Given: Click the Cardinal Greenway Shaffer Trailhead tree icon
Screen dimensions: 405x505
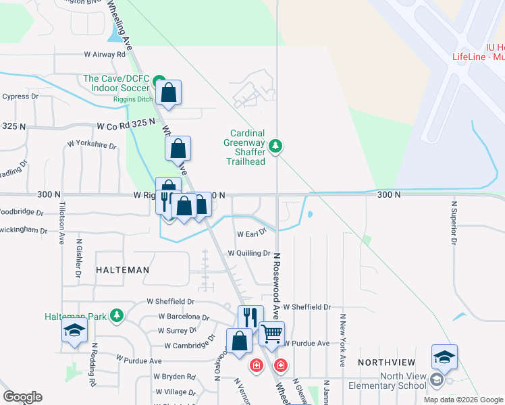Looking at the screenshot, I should (275, 145).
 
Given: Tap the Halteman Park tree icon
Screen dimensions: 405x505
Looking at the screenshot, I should (117, 315).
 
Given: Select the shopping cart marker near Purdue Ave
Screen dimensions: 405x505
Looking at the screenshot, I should (271, 333).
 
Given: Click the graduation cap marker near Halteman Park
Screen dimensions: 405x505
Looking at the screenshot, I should (75, 329).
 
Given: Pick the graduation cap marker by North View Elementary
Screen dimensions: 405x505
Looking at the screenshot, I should (445, 356).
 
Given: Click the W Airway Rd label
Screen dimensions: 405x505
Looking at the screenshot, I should (105, 54).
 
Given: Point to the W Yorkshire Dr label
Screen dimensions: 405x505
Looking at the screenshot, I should (92, 144).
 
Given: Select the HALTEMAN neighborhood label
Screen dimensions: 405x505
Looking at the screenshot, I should (122, 270).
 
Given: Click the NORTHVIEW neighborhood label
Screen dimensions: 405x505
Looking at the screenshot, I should (386, 362).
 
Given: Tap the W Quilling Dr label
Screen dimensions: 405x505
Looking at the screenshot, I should (249, 253).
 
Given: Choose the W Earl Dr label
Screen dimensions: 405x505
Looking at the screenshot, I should (251, 234).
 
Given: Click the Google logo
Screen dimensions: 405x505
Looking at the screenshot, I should (22, 397).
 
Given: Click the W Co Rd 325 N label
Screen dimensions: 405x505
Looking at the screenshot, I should (122, 125).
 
